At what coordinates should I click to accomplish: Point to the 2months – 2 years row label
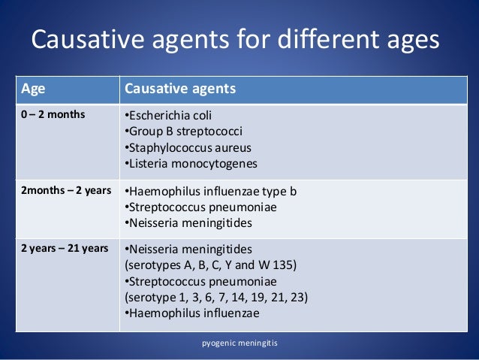point(63,191)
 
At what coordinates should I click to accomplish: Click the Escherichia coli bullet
point(169,115)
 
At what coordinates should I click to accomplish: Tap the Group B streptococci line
point(177,132)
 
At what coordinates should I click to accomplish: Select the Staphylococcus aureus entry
point(188,148)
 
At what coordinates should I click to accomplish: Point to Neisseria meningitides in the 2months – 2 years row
point(188,224)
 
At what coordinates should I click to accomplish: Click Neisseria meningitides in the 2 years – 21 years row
point(188,248)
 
